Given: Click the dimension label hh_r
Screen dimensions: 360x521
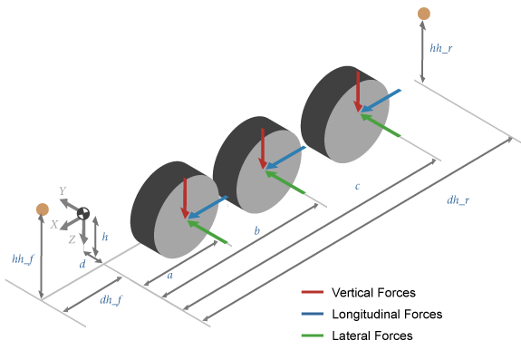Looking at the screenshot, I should click(444, 46).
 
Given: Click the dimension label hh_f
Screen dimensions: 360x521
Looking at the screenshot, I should click(23, 260).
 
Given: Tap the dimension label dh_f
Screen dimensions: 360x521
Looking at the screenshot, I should click(111, 299).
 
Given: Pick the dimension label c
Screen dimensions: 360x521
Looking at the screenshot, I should click(357, 187).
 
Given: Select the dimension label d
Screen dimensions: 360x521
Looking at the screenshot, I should click(82, 265).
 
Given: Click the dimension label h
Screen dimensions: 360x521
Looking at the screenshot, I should click(105, 236).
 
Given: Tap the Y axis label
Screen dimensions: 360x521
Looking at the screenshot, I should click(62, 191).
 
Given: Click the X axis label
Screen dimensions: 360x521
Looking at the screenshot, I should click(54, 223).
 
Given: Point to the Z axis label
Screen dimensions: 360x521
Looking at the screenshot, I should click(72, 238).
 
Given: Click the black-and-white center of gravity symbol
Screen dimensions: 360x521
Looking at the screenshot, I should click(83, 214).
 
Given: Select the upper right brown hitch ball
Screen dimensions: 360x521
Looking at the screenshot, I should click(423, 13).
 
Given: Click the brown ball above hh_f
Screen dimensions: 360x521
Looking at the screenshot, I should click(42, 209).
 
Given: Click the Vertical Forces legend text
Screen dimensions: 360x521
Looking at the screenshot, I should click(373, 293).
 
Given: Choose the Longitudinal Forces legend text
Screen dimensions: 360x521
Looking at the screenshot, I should click(387, 315).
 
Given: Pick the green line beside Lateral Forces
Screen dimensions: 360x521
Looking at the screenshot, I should click(314, 336).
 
